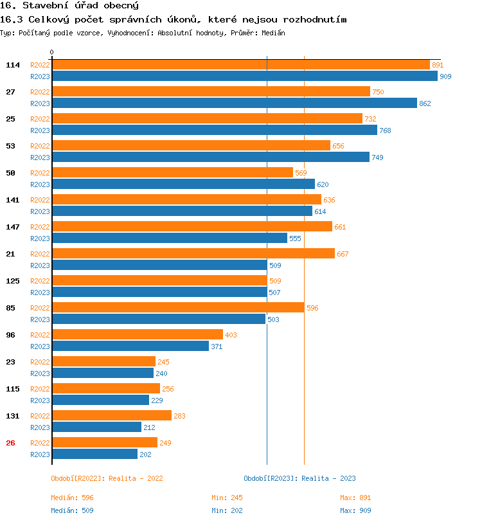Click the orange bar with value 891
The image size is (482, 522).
240,65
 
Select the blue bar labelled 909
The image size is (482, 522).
244,76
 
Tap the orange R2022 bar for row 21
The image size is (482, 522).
193,254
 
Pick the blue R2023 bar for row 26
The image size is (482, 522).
94,455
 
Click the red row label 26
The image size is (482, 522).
10,443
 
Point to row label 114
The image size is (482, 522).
13,65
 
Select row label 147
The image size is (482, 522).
13,227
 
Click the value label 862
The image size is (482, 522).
425,104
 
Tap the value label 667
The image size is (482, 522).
343,254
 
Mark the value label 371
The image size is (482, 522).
217,346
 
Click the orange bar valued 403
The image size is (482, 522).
137,335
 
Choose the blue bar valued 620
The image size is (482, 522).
183,184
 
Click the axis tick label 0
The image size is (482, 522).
52,52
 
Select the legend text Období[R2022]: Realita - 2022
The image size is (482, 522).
107,478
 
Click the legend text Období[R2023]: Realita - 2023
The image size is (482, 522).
299,478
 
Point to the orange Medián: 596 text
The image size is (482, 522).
73,498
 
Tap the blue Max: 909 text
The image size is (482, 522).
355,510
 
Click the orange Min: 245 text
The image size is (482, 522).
227,498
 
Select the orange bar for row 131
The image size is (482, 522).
111,416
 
